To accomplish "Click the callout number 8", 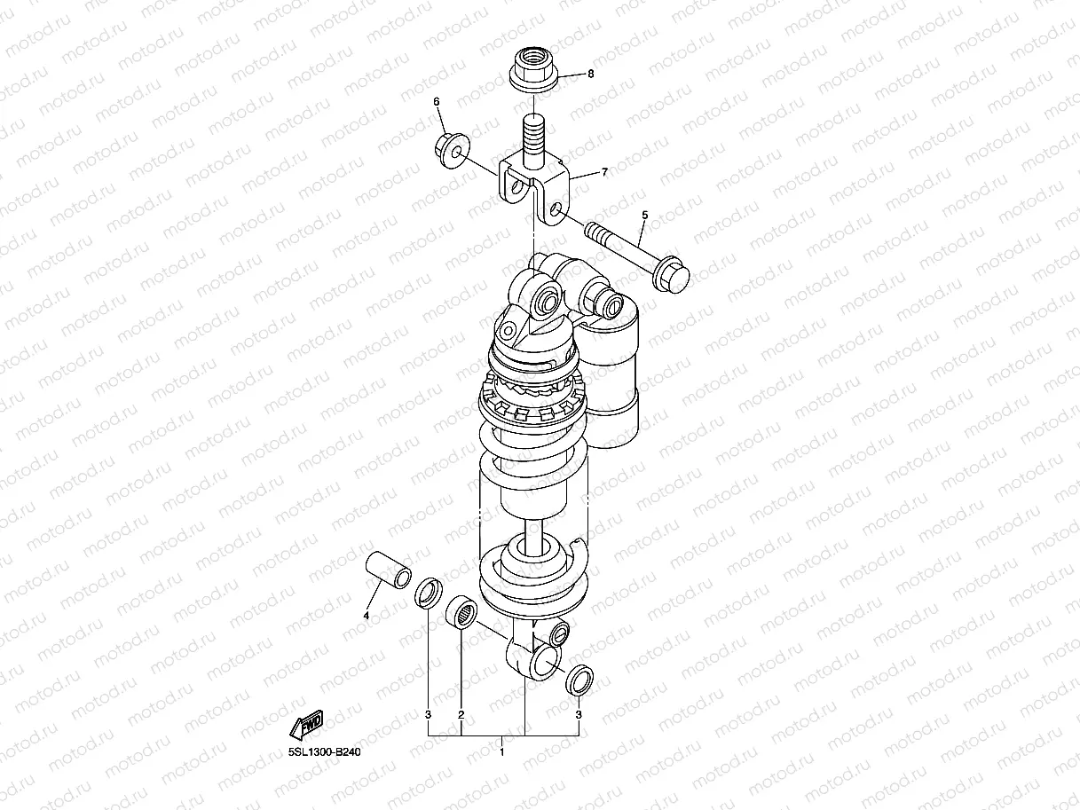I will point(590,75).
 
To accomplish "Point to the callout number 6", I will point(437,102).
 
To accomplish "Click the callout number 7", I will point(604,172).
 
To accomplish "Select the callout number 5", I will point(645,215).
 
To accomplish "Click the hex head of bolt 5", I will point(672,275).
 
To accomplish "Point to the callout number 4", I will point(366,615).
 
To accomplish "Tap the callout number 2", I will point(461,714).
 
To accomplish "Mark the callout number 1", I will point(502,752).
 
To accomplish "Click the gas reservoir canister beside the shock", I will point(611,373).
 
